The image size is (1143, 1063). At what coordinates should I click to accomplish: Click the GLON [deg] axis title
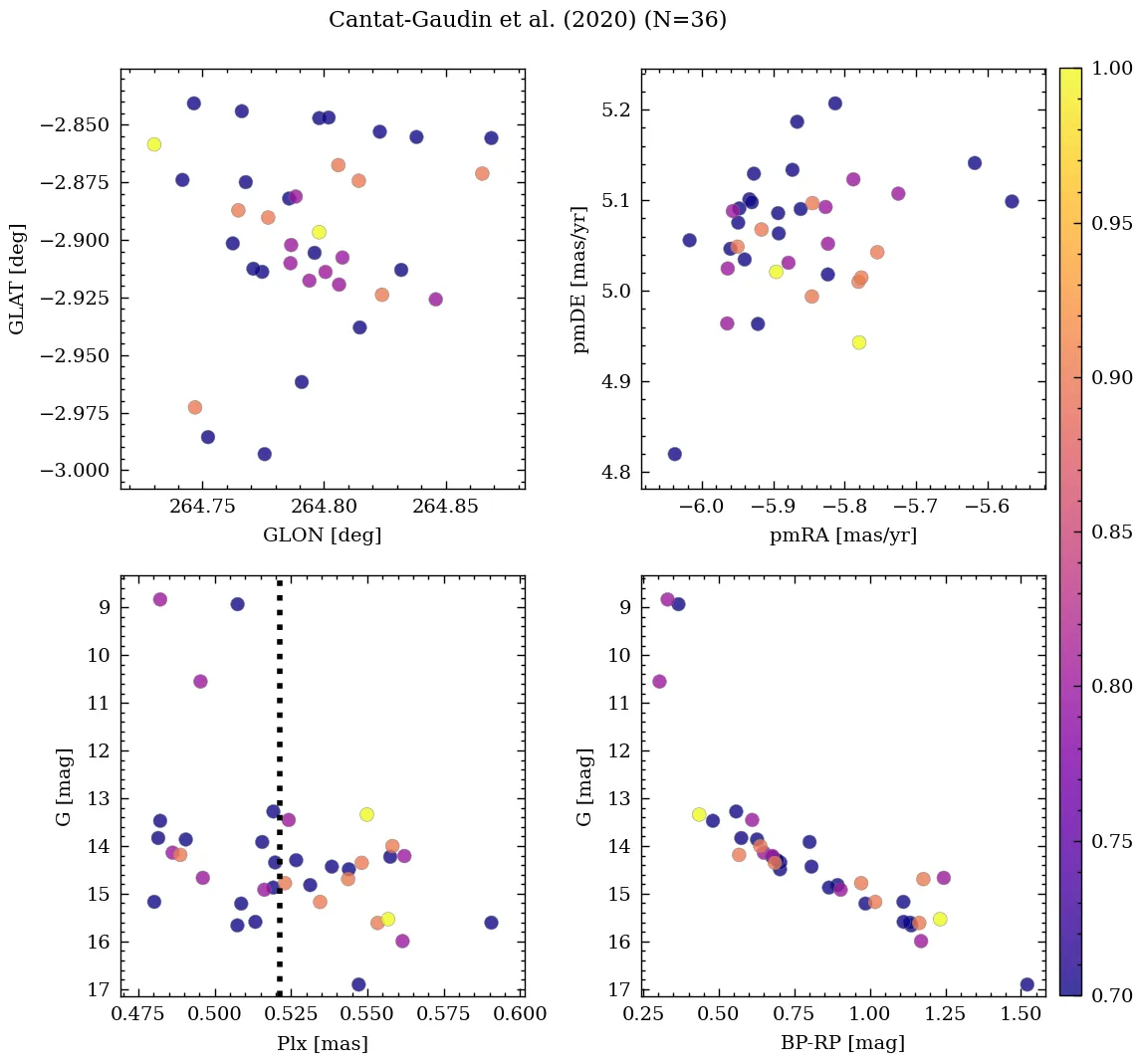322,535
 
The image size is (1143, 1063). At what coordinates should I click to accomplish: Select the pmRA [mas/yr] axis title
842,535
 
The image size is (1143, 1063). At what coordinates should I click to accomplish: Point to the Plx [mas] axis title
322,1043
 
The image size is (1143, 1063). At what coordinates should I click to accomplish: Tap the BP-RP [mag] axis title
842,1043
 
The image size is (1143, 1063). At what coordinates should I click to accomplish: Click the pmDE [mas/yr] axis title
580,279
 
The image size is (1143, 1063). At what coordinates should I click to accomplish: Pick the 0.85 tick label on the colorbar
1111,532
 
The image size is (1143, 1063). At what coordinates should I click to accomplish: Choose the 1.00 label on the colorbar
1111,69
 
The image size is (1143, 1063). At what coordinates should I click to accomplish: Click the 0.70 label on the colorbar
1111,995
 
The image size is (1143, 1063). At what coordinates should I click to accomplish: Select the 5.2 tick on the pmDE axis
616,109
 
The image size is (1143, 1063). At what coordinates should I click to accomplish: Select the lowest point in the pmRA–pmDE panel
674,454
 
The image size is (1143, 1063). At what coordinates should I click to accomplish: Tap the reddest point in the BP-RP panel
1027,984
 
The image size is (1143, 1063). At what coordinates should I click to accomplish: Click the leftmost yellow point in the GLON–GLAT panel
153,144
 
